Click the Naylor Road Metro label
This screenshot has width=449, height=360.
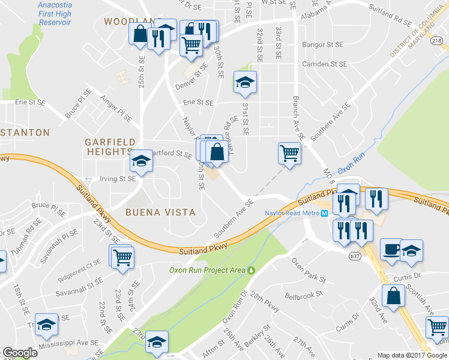coord(292,213)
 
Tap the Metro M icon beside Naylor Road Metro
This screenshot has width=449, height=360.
coord(324,213)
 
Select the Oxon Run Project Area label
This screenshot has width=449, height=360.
coord(207,271)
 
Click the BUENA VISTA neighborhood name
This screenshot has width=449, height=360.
coord(160,212)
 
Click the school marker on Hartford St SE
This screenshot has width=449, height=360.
coord(141,161)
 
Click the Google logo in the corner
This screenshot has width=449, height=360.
coord(20,353)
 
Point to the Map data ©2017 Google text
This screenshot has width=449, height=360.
coord(412,355)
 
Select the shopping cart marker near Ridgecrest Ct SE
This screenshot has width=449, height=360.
coord(122,256)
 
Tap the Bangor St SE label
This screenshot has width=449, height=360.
coord(322,44)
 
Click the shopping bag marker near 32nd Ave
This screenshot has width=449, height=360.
coord(393,296)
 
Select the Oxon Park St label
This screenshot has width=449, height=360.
coord(308,271)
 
